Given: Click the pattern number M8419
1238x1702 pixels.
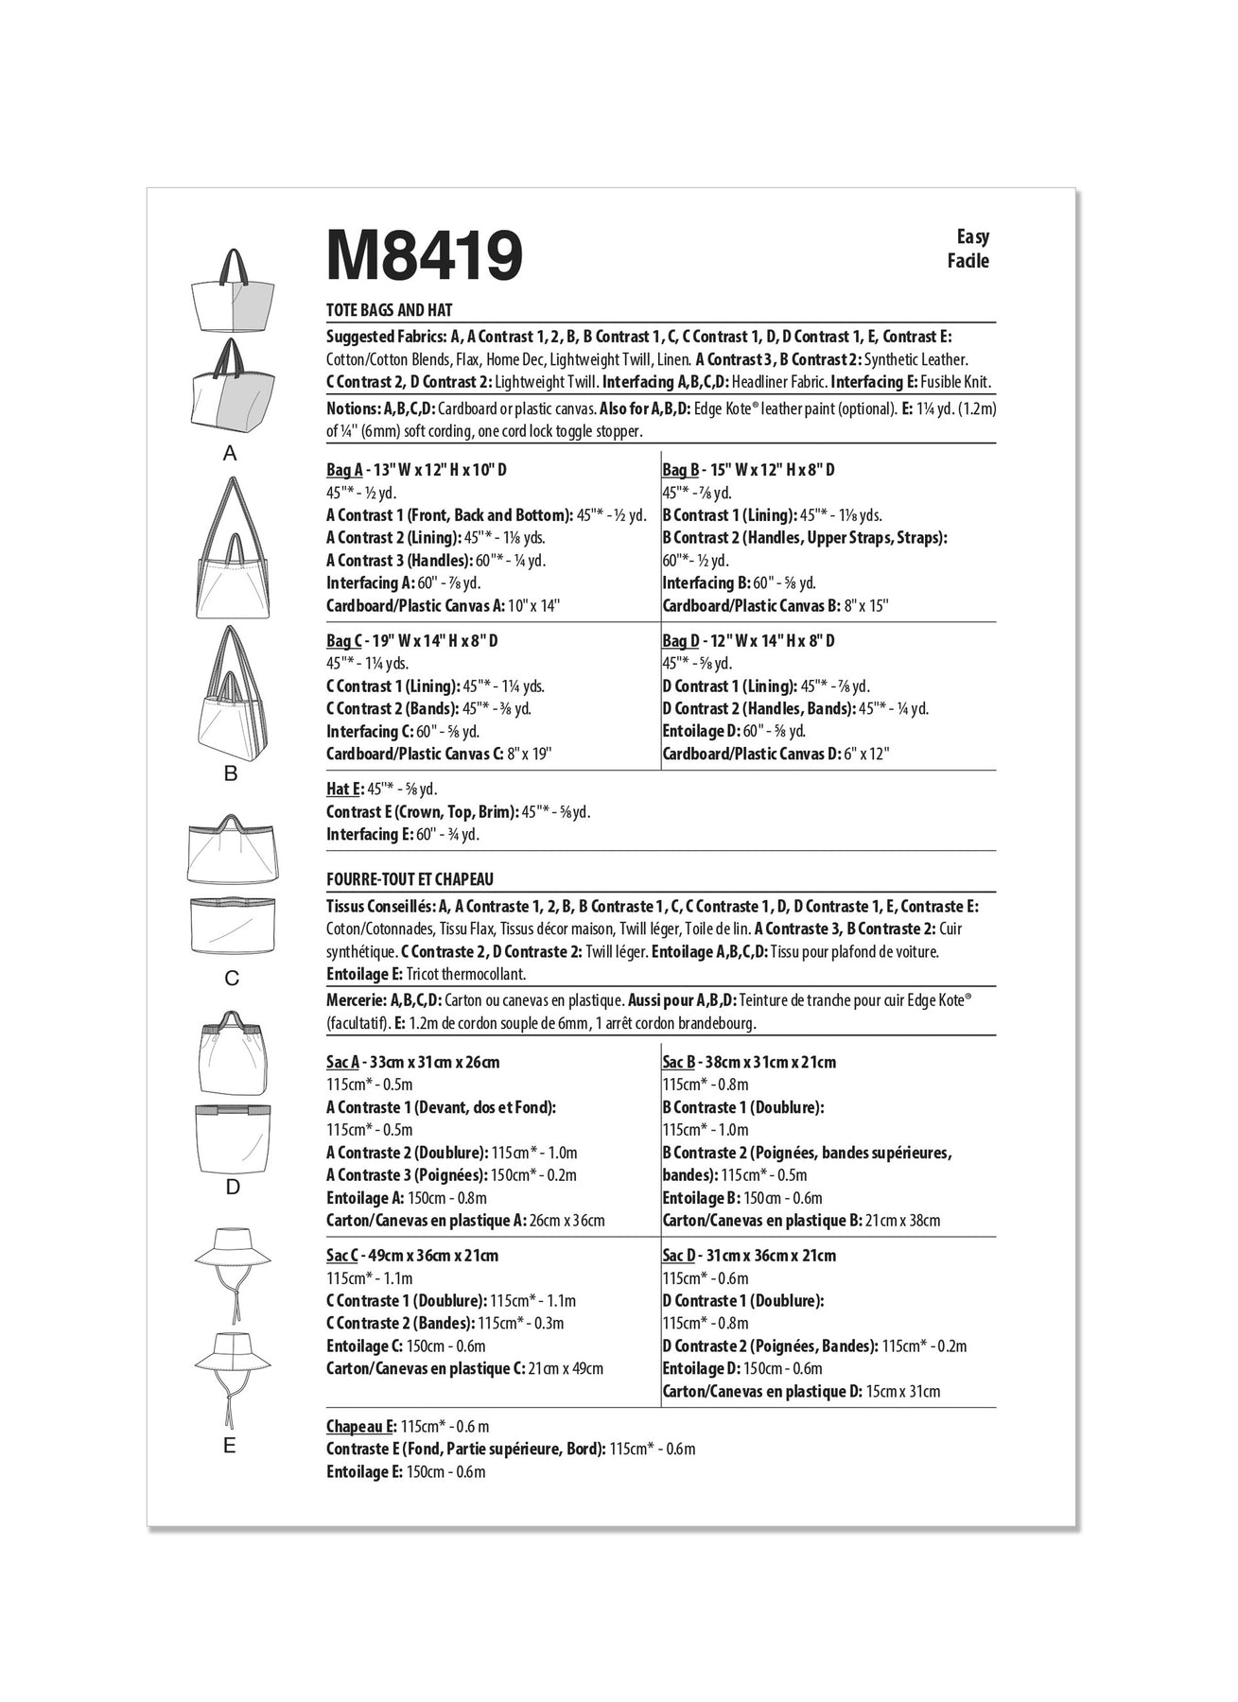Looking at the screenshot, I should [424, 255].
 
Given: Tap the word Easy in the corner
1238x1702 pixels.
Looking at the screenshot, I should [971, 237].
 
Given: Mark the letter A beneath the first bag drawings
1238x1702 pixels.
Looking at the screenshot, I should [230, 454].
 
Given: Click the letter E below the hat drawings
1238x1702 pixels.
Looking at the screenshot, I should [230, 1446].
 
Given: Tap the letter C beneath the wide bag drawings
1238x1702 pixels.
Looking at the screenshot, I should [232, 979].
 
